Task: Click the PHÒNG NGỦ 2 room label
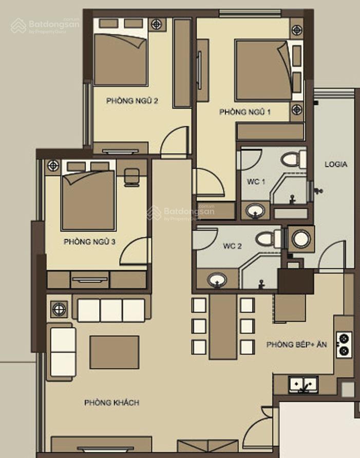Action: pyautogui.click(x=132, y=101)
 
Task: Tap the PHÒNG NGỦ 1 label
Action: pyautogui.click(x=245, y=112)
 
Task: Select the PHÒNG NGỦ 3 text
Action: pyautogui.click(x=89, y=242)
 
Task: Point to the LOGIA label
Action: pyautogui.click(x=336, y=164)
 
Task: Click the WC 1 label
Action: pyautogui.click(x=256, y=181)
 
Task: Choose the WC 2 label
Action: pyautogui.click(x=232, y=246)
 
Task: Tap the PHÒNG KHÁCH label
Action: pyautogui.click(x=112, y=402)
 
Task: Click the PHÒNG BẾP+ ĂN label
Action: pyautogui.click(x=297, y=344)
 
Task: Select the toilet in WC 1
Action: pyautogui.click(x=294, y=159)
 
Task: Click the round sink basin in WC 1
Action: pyautogui.click(x=256, y=211)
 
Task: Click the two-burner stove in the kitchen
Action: pyautogui.click(x=344, y=345)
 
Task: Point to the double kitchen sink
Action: pyautogui.click(x=304, y=384)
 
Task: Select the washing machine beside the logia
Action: pyautogui.click(x=301, y=239)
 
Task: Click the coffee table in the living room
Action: pyautogui.click(x=115, y=352)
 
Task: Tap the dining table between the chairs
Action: pyautogui.click(x=223, y=326)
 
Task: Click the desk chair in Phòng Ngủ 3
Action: pyautogui.click(x=131, y=177)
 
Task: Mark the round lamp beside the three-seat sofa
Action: pyautogui.click(x=59, y=309)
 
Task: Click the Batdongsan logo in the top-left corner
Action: pyautogui.click(x=45, y=26)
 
